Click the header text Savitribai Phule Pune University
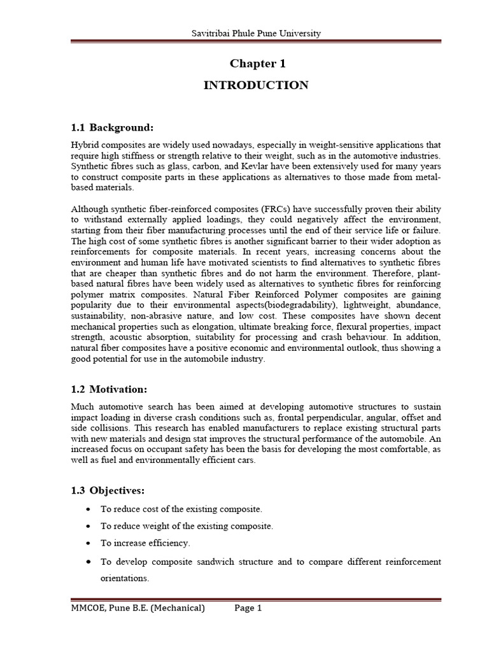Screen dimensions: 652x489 coord(256,33)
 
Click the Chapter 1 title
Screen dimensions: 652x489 coord(256,64)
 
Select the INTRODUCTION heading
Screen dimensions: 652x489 coord(256,85)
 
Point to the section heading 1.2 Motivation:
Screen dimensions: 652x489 coord(109,388)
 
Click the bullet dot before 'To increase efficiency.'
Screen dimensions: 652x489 coord(87,543)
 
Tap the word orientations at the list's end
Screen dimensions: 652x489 coord(124,579)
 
